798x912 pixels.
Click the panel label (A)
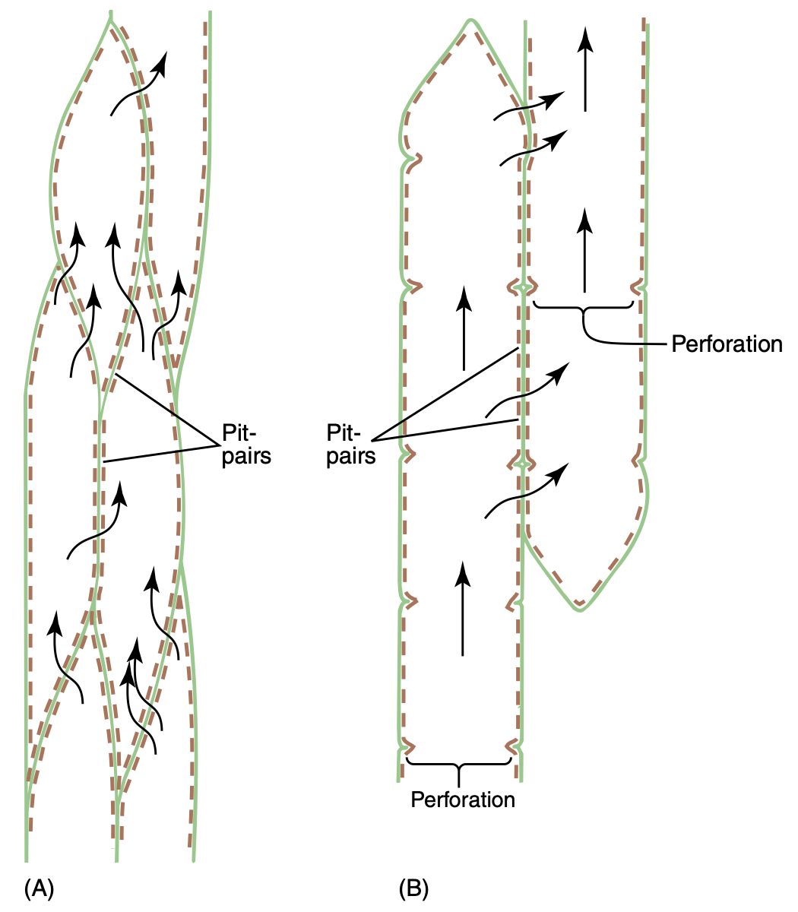[39, 888]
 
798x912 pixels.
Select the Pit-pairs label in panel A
[245, 444]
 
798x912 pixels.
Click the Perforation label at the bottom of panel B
[463, 800]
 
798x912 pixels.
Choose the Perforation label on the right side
[727, 344]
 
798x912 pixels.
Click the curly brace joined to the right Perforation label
[584, 313]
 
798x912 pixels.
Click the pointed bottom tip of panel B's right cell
[579, 609]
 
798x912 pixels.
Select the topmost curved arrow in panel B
[529, 106]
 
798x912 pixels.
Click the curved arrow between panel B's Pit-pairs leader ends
[526, 390]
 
